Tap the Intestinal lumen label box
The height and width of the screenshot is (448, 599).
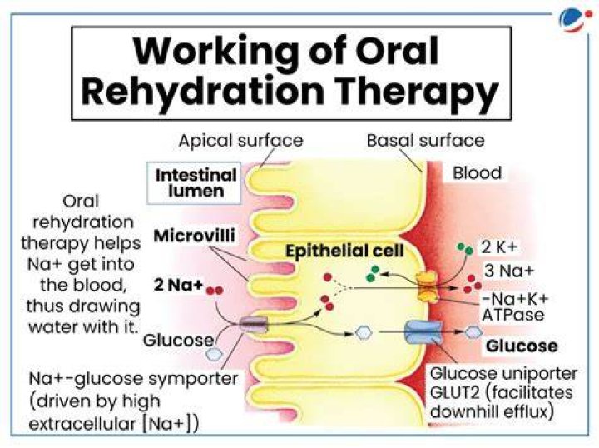(x=194, y=183)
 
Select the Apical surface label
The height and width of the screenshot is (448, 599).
(x=240, y=140)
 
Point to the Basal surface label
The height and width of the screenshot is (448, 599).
(x=425, y=140)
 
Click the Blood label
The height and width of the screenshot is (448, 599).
(x=478, y=172)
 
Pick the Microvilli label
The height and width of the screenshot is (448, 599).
(x=194, y=236)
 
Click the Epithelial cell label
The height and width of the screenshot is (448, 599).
(x=344, y=251)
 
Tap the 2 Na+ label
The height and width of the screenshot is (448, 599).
(x=178, y=285)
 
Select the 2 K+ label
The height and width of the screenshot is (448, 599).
(x=498, y=247)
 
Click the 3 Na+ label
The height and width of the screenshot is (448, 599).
(x=508, y=271)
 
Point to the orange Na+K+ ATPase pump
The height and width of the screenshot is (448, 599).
(x=428, y=286)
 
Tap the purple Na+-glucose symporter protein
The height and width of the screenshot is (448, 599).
(x=254, y=325)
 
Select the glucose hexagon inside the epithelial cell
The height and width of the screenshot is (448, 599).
(x=364, y=332)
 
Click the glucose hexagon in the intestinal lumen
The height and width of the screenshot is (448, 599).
(x=214, y=354)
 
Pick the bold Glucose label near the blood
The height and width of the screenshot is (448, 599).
(x=522, y=346)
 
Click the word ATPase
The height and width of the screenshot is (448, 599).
(x=512, y=315)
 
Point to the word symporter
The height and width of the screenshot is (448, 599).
(x=193, y=380)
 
